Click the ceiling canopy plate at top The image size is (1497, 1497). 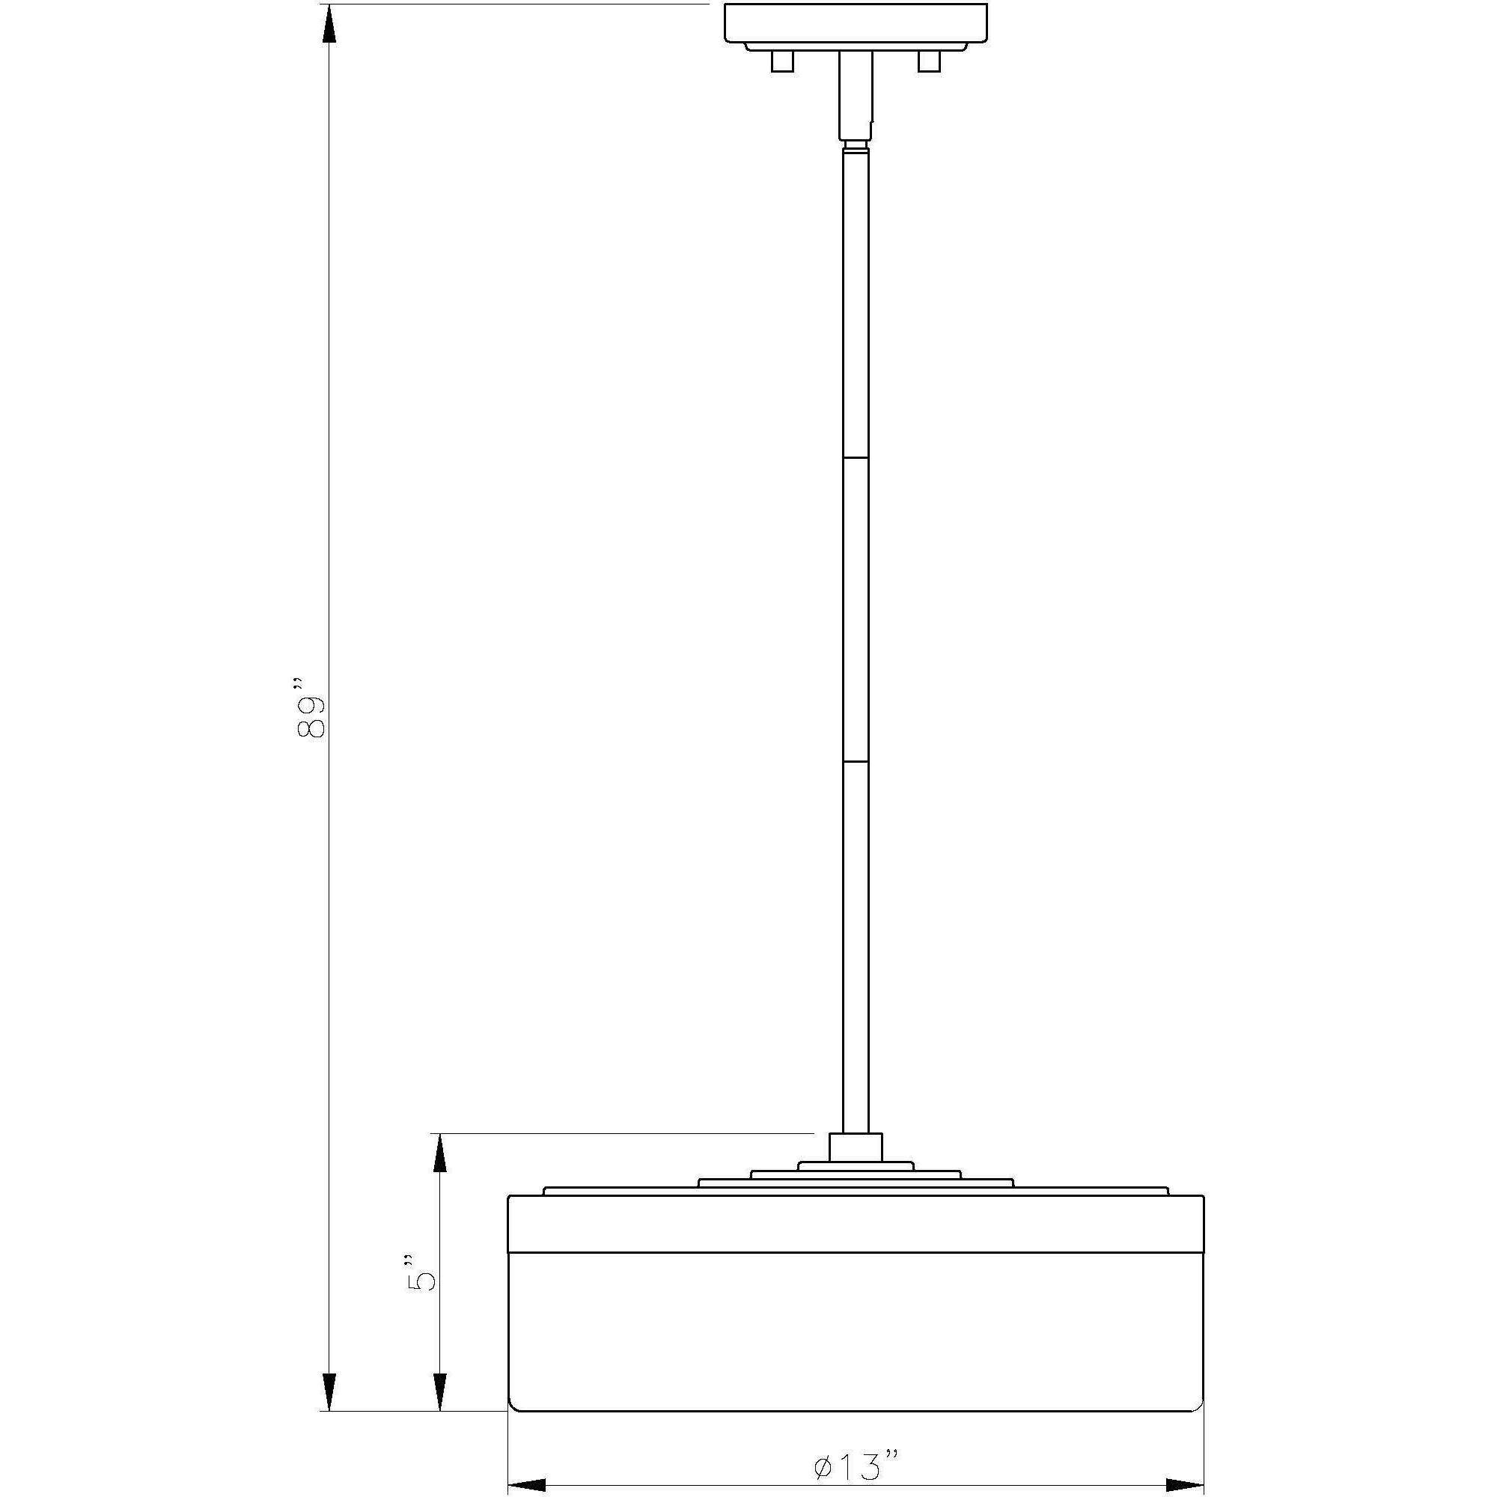click(856, 23)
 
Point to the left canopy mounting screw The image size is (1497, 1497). click(782, 62)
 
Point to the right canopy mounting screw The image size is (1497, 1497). click(928, 62)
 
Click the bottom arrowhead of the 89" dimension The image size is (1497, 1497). click(329, 1386)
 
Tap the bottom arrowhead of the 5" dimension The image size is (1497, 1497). click(439, 1386)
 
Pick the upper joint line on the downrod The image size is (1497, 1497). click(856, 459)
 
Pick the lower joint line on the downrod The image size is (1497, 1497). click(856, 761)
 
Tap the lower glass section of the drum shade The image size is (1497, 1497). click(856, 1333)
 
